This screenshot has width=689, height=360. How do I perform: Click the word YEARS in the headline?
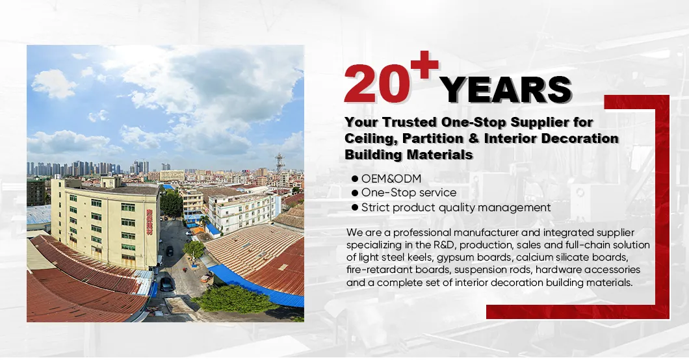[x=507, y=90]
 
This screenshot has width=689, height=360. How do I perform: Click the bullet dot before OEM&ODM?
[x=355, y=178]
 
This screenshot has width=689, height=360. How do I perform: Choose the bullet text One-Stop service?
[x=409, y=193]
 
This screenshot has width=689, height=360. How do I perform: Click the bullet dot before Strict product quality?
[x=355, y=208]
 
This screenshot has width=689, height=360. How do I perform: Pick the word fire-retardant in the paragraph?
[x=377, y=270]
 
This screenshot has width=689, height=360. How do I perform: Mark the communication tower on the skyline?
[x=279, y=162]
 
